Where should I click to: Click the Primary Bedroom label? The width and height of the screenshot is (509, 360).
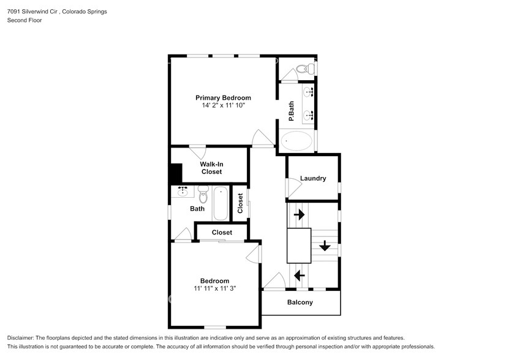click(x=223, y=97)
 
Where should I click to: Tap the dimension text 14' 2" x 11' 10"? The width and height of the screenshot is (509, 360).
click(x=223, y=105)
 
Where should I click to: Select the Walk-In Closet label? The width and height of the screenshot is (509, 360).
click(x=211, y=168)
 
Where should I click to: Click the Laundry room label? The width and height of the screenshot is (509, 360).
click(x=313, y=179)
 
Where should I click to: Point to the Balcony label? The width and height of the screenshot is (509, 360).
click(x=300, y=302)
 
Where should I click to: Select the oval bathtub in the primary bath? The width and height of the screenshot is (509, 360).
click(x=297, y=141)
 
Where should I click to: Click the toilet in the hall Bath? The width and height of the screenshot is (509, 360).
click(x=203, y=194)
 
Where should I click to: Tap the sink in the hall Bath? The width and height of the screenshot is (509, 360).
click(x=183, y=192)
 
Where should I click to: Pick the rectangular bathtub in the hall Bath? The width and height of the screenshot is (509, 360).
click(x=221, y=204)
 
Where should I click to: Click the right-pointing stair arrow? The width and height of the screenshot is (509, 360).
click(x=300, y=215)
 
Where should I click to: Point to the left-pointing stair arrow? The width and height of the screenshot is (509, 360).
click(x=300, y=276)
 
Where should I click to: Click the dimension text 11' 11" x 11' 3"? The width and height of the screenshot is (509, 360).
click(x=214, y=288)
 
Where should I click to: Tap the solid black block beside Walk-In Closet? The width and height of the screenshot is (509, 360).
click(x=176, y=173)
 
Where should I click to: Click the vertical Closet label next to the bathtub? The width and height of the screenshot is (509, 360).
click(x=240, y=203)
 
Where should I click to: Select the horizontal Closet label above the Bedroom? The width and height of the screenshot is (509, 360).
click(x=222, y=233)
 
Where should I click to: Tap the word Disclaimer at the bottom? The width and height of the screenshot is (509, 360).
click(x=22, y=338)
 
